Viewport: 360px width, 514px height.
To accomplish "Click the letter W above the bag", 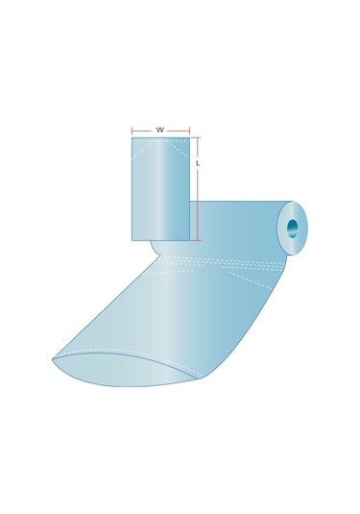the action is (160, 130).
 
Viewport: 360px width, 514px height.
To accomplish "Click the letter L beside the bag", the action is (198, 163).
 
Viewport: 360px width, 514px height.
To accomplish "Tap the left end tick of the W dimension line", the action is (132, 131).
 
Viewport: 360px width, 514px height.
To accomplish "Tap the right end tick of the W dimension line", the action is (190, 131).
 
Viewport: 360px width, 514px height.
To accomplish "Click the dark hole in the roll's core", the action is (293, 228).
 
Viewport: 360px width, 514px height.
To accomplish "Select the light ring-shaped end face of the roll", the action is (292, 228).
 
